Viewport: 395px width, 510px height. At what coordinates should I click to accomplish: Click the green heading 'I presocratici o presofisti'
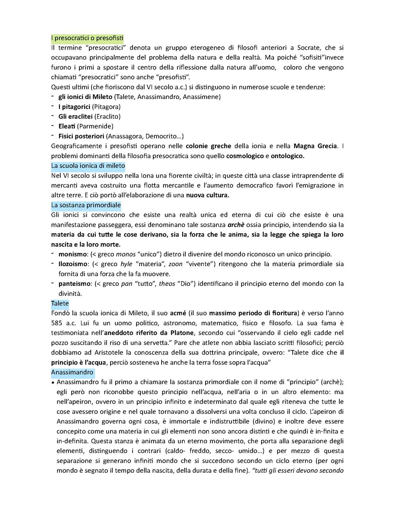click(87, 38)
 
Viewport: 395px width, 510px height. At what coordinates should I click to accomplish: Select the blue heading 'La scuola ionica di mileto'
click(88, 166)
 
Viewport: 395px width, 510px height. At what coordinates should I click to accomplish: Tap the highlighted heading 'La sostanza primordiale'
click(86, 205)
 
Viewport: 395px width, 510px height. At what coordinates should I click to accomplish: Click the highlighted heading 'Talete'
click(60, 303)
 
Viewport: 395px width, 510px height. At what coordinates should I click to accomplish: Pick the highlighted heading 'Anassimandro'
click(72, 372)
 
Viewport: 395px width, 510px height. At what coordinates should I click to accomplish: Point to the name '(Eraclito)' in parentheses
click(107, 116)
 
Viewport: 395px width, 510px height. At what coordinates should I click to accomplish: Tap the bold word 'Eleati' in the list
click(67, 126)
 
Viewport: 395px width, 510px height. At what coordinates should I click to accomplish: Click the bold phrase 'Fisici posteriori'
click(81, 136)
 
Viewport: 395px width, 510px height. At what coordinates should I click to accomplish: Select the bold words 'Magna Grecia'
click(315, 146)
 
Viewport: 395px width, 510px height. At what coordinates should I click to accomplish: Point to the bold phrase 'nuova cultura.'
click(207, 195)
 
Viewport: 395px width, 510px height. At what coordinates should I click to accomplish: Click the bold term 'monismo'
click(72, 254)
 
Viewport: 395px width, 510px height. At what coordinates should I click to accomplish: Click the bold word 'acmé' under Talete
click(178, 313)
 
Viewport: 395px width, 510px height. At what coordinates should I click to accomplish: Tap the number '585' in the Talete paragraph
click(56, 323)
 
